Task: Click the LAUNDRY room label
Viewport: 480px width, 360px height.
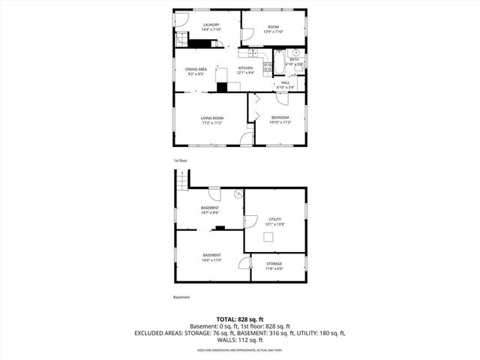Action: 211,25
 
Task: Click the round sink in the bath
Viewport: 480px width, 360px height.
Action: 296,54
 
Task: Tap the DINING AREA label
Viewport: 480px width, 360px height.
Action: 196,70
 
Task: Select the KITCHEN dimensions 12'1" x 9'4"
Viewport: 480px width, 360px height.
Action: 245,73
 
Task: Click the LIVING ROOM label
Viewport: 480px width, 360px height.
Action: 211,118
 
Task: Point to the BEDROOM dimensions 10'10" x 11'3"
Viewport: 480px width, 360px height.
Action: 280,122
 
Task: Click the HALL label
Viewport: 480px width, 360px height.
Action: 285,82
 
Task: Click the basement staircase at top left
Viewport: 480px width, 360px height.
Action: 181,180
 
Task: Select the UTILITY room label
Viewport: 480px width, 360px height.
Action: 274,217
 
